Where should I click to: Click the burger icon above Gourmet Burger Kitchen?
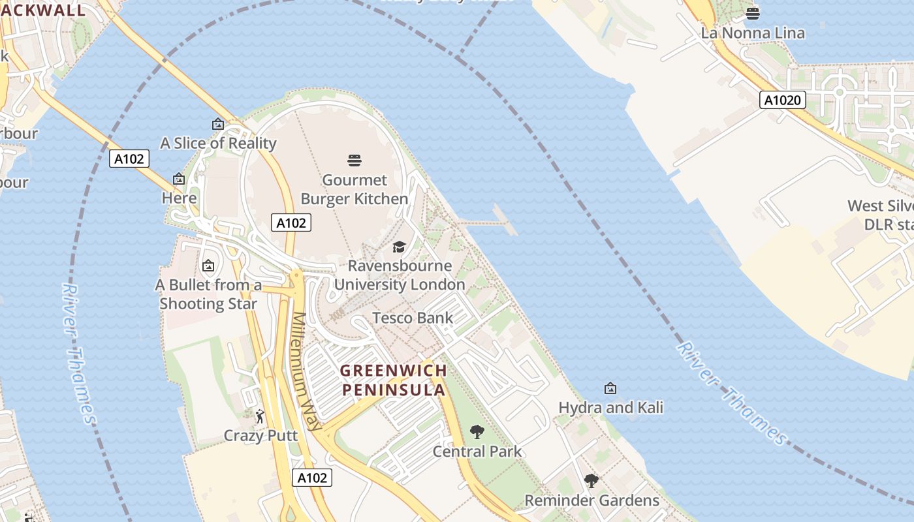(355, 160)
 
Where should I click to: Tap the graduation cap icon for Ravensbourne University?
(399, 247)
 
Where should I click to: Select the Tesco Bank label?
(412, 318)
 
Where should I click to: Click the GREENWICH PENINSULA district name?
(394, 380)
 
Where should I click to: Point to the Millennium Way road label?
(307, 371)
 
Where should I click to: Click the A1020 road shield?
(783, 100)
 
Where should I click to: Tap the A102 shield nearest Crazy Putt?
(311, 478)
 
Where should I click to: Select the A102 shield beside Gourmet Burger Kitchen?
(291, 223)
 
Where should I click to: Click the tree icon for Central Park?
(477, 431)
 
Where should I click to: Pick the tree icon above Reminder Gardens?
(591, 481)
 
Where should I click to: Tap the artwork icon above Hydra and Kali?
(610, 388)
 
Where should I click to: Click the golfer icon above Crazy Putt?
(260, 416)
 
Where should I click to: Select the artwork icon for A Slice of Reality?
(218, 124)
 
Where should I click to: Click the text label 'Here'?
(179, 198)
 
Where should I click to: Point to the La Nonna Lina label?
(753, 33)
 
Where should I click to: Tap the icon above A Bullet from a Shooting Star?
(208, 266)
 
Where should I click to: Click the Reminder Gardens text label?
(591, 500)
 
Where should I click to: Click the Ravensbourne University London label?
(400, 275)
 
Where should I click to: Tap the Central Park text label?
(477, 451)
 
